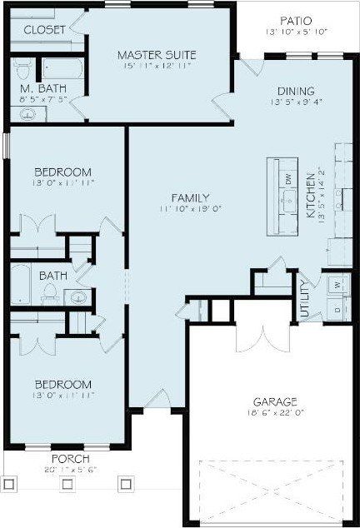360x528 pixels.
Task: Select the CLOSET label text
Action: click(x=44, y=30)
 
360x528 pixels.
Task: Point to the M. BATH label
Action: click(x=39, y=87)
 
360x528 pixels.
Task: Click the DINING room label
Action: click(x=296, y=91)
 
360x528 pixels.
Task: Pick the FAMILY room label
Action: click(x=190, y=197)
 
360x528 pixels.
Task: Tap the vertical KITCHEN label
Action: click(x=311, y=197)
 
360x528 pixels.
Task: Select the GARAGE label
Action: click(x=271, y=401)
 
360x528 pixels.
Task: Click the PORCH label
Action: click(x=70, y=459)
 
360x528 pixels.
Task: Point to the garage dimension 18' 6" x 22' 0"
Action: click(x=271, y=412)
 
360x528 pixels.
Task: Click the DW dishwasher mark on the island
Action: click(x=287, y=177)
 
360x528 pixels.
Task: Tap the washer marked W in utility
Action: click(x=337, y=284)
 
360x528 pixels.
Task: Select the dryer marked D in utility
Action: click(x=337, y=310)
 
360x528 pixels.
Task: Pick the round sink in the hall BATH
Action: click(x=80, y=296)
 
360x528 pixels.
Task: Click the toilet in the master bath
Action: click(x=22, y=67)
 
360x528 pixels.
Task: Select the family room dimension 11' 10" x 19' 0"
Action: click(x=190, y=210)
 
